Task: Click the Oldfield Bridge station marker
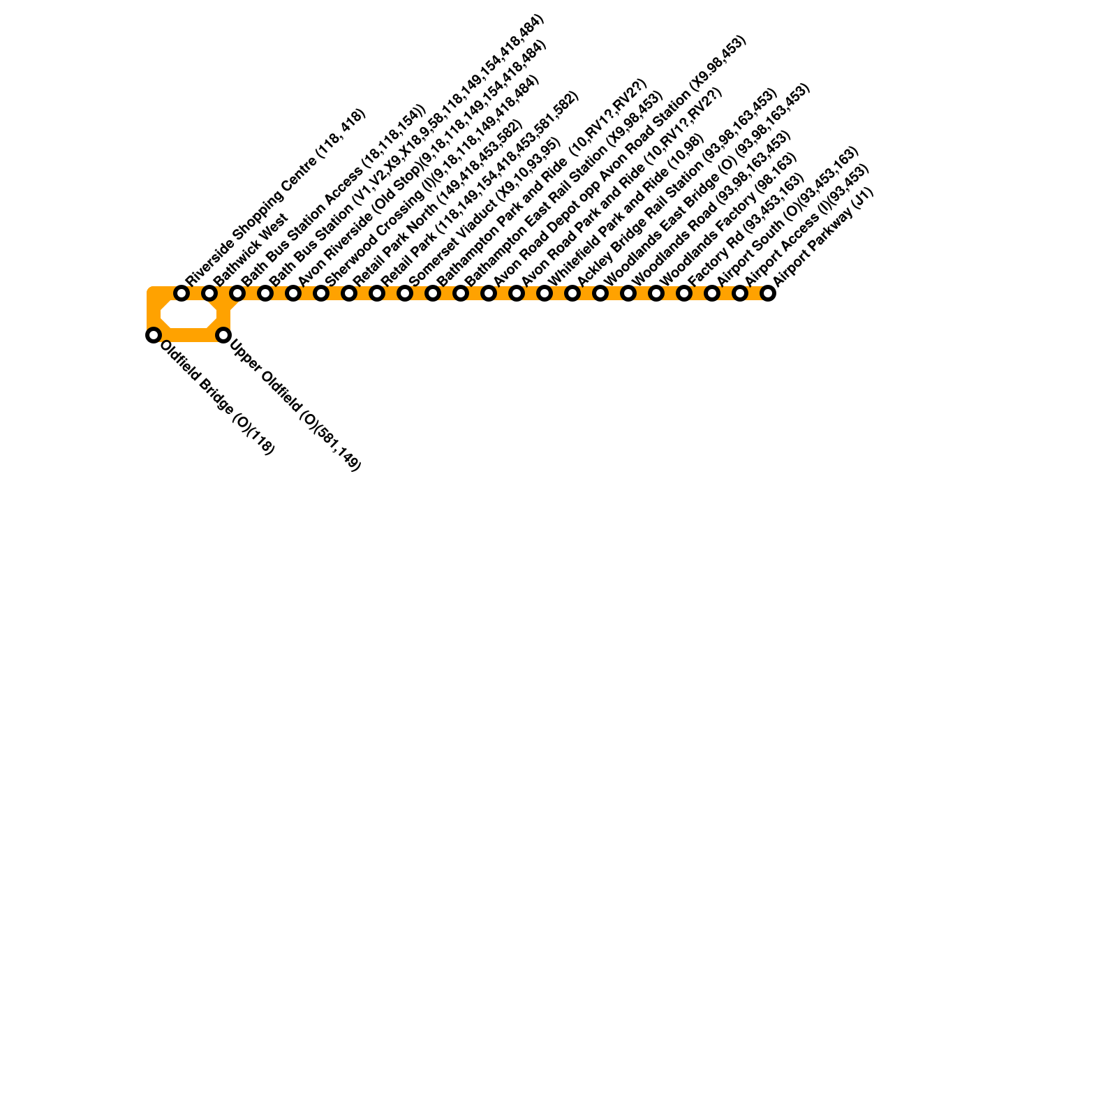154,335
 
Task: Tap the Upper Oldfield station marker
223,335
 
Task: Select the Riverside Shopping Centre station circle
182,293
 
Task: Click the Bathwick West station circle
209,293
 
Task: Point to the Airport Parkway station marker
768,293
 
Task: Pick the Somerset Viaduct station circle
405,293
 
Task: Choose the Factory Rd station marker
684,293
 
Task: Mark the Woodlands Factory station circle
656,293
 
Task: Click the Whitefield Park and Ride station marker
545,293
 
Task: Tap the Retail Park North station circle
349,293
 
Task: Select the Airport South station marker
712,293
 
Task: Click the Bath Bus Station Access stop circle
237,293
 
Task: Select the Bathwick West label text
250,249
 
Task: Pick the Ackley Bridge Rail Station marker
572,293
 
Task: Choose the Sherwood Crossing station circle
321,293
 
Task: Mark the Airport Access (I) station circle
740,293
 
